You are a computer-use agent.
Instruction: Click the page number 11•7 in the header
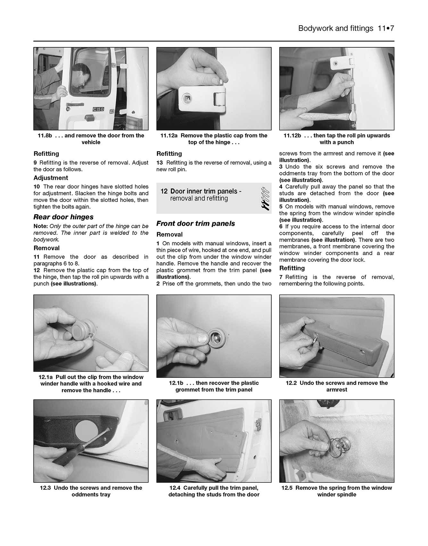[x=385, y=28]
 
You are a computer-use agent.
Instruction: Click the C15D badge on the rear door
[x=98, y=109]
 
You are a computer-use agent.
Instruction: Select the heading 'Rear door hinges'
[x=63, y=217]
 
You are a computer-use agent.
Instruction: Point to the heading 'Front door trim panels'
[x=195, y=224]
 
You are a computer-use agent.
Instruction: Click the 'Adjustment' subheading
[x=51, y=178]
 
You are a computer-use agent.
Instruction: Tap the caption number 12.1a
[x=46, y=377]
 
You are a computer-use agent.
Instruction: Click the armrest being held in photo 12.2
[x=343, y=343]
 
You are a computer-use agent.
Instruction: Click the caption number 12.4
[x=175, y=488]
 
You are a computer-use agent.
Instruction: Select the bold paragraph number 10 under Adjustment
[x=37, y=186]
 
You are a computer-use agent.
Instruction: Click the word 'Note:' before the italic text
[x=41, y=226]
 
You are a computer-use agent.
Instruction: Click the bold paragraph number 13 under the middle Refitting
[x=160, y=163]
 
